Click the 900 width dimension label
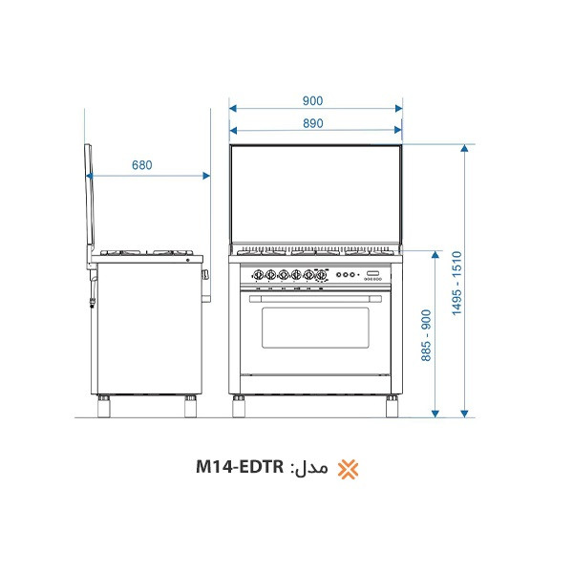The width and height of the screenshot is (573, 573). [x=312, y=100]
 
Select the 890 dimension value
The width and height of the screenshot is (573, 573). [x=313, y=123]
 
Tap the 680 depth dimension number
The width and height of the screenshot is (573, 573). [x=141, y=165]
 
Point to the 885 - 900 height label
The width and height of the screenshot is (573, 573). [x=426, y=335]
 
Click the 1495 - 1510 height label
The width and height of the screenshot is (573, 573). [x=456, y=284]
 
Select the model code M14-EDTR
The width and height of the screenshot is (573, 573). [x=240, y=467]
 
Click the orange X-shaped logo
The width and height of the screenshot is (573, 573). [x=348, y=469]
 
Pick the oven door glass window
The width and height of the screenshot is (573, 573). [x=315, y=328]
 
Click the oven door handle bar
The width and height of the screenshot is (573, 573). [x=315, y=299]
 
